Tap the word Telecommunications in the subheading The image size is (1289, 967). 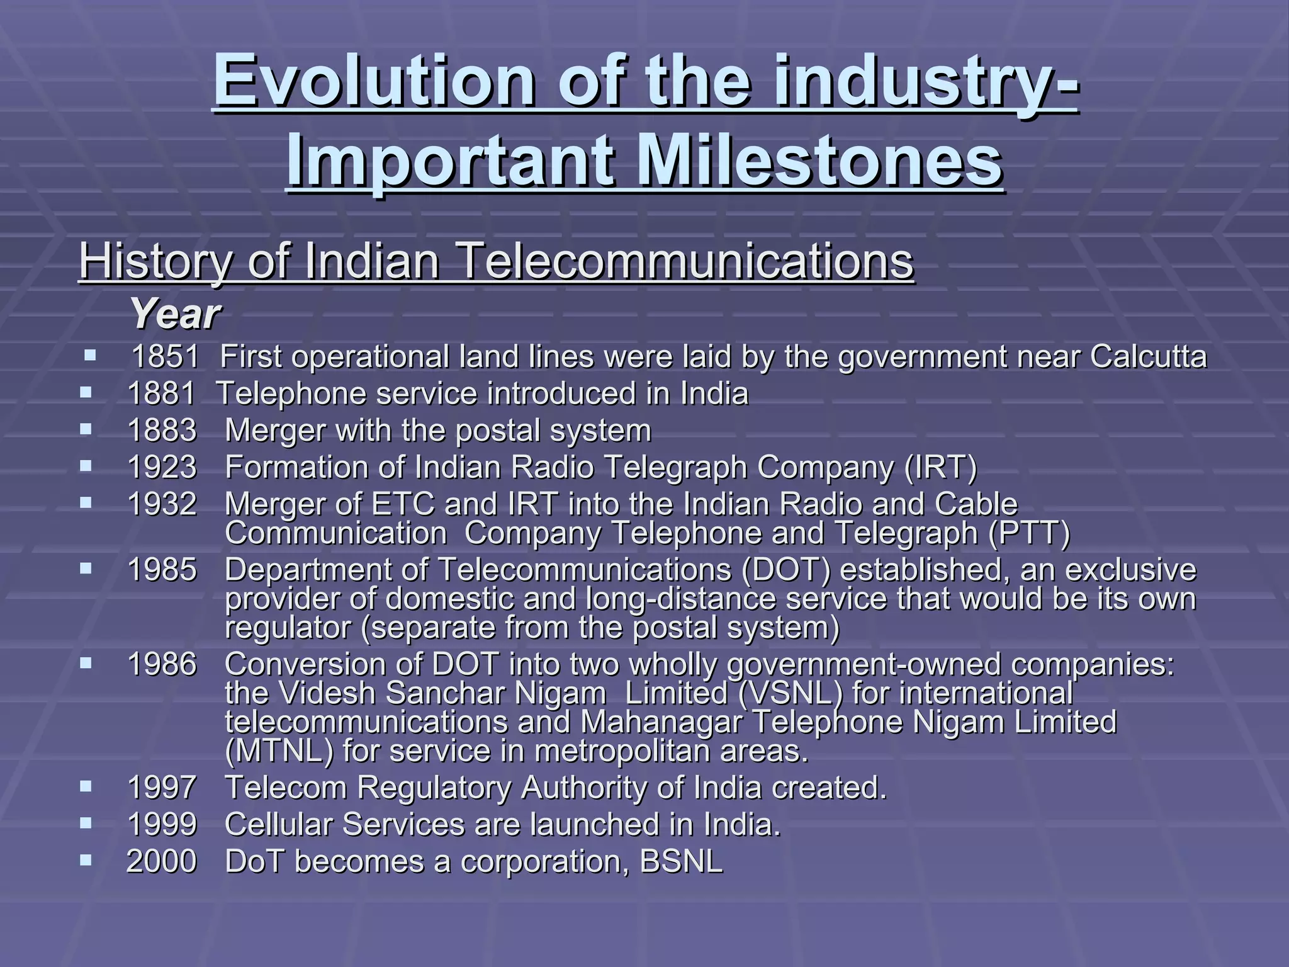[x=683, y=262]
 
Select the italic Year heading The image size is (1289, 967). [x=174, y=314]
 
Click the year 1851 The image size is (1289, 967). [x=166, y=357]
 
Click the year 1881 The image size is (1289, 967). [x=162, y=394]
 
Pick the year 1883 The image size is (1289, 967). [x=162, y=431]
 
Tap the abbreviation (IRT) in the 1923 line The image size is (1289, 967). [x=940, y=467]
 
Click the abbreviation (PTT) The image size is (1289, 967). [x=1028, y=533]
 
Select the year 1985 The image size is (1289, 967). [x=162, y=570]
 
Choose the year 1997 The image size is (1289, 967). [x=162, y=788]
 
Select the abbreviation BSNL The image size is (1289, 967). [x=681, y=861]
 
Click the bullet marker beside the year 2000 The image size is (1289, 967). [x=86, y=859]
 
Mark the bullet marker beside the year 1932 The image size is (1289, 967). [x=86, y=502]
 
